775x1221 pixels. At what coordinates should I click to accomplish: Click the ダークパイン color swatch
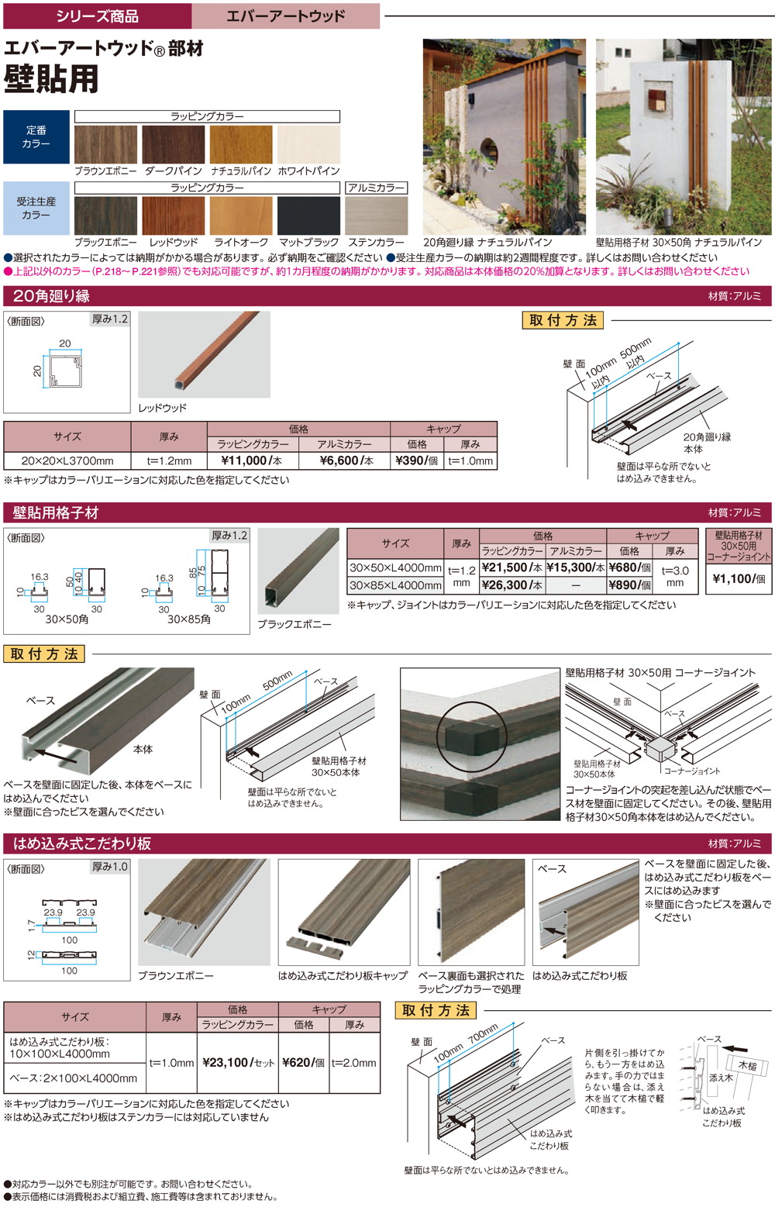(x=173, y=145)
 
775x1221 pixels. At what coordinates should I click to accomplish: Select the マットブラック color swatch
(x=308, y=216)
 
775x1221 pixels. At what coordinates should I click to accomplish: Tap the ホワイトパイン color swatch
(x=308, y=145)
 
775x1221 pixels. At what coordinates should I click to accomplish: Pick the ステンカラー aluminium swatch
(x=376, y=216)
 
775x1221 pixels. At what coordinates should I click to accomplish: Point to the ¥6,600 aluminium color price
(x=346, y=460)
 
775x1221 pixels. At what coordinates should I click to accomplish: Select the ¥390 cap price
(x=417, y=460)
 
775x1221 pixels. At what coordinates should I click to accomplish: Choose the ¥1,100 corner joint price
(x=739, y=578)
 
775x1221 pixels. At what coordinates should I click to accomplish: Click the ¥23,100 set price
(x=238, y=1062)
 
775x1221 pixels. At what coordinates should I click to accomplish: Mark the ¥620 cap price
(x=304, y=1062)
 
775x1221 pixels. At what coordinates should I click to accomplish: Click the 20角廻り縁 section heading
(x=51, y=296)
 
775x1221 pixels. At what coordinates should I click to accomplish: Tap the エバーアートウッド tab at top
(x=285, y=16)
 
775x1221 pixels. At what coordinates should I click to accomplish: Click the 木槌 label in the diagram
(x=747, y=1066)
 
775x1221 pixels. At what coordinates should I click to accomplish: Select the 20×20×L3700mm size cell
(x=67, y=460)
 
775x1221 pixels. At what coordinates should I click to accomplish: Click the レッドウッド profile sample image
(x=204, y=354)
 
